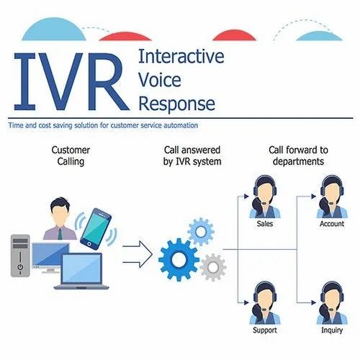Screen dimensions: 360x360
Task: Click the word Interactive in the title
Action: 180,56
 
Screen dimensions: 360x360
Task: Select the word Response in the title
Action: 176,103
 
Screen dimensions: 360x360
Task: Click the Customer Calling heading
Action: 71,156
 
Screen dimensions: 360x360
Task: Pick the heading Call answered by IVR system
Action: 192,156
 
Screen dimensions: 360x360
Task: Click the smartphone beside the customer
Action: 96,229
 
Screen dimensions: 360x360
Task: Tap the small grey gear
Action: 212,266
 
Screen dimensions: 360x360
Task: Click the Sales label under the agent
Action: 264,224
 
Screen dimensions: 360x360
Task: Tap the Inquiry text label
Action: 331,330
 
